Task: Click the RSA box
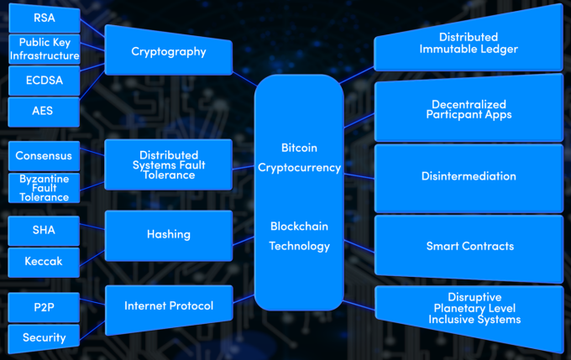[x=44, y=18]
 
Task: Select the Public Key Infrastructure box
[x=44, y=50]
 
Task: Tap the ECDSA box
[x=44, y=81]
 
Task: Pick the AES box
[x=44, y=111]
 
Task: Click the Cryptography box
[x=169, y=52]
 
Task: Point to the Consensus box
[x=44, y=156]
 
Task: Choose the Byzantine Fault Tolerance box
[x=44, y=188]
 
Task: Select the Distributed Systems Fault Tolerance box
[x=169, y=165]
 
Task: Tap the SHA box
[x=44, y=230]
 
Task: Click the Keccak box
[x=44, y=262]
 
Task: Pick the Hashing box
[x=169, y=235]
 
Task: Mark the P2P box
[x=44, y=306]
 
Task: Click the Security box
[x=44, y=337]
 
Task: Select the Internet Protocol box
[x=169, y=306]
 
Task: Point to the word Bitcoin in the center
[x=299, y=148]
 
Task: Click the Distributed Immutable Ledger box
[x=469, y=43]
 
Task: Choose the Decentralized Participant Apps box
[x=469, y=109]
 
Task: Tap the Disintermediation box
[x=469, y=177]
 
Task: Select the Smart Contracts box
[x=469, y=247]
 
